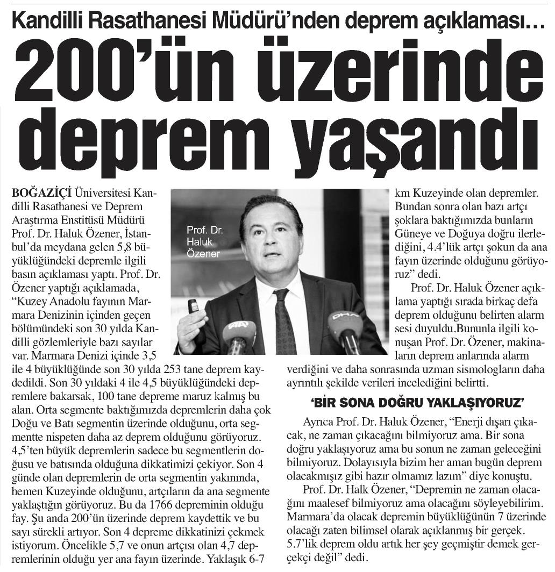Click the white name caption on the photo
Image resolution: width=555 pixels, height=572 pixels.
[203, 242]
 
